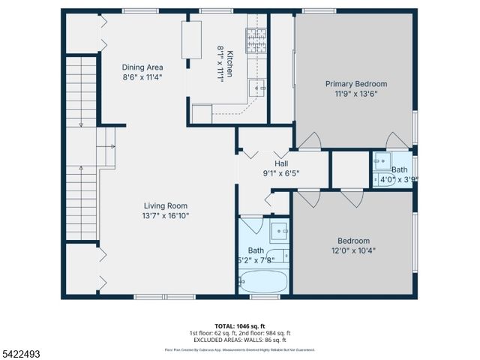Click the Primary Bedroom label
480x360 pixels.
(355, 84)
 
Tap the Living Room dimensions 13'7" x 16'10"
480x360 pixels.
(166, 216)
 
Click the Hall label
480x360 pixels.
(281, 163)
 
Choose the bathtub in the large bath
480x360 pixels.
(262, 282)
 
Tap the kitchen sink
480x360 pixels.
(259, 88)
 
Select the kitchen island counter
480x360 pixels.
(192, 40)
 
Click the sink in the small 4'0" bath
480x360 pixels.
(382, 160)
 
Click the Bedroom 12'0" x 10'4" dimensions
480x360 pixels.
(353, 251)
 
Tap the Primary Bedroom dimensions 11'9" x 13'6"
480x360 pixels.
(355, 94)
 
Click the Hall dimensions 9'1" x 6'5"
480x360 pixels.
(281, 173)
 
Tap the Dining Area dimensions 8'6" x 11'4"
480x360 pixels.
(142, 76)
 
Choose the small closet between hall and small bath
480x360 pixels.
(349, 169)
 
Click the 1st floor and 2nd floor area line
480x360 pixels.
(240, 331)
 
